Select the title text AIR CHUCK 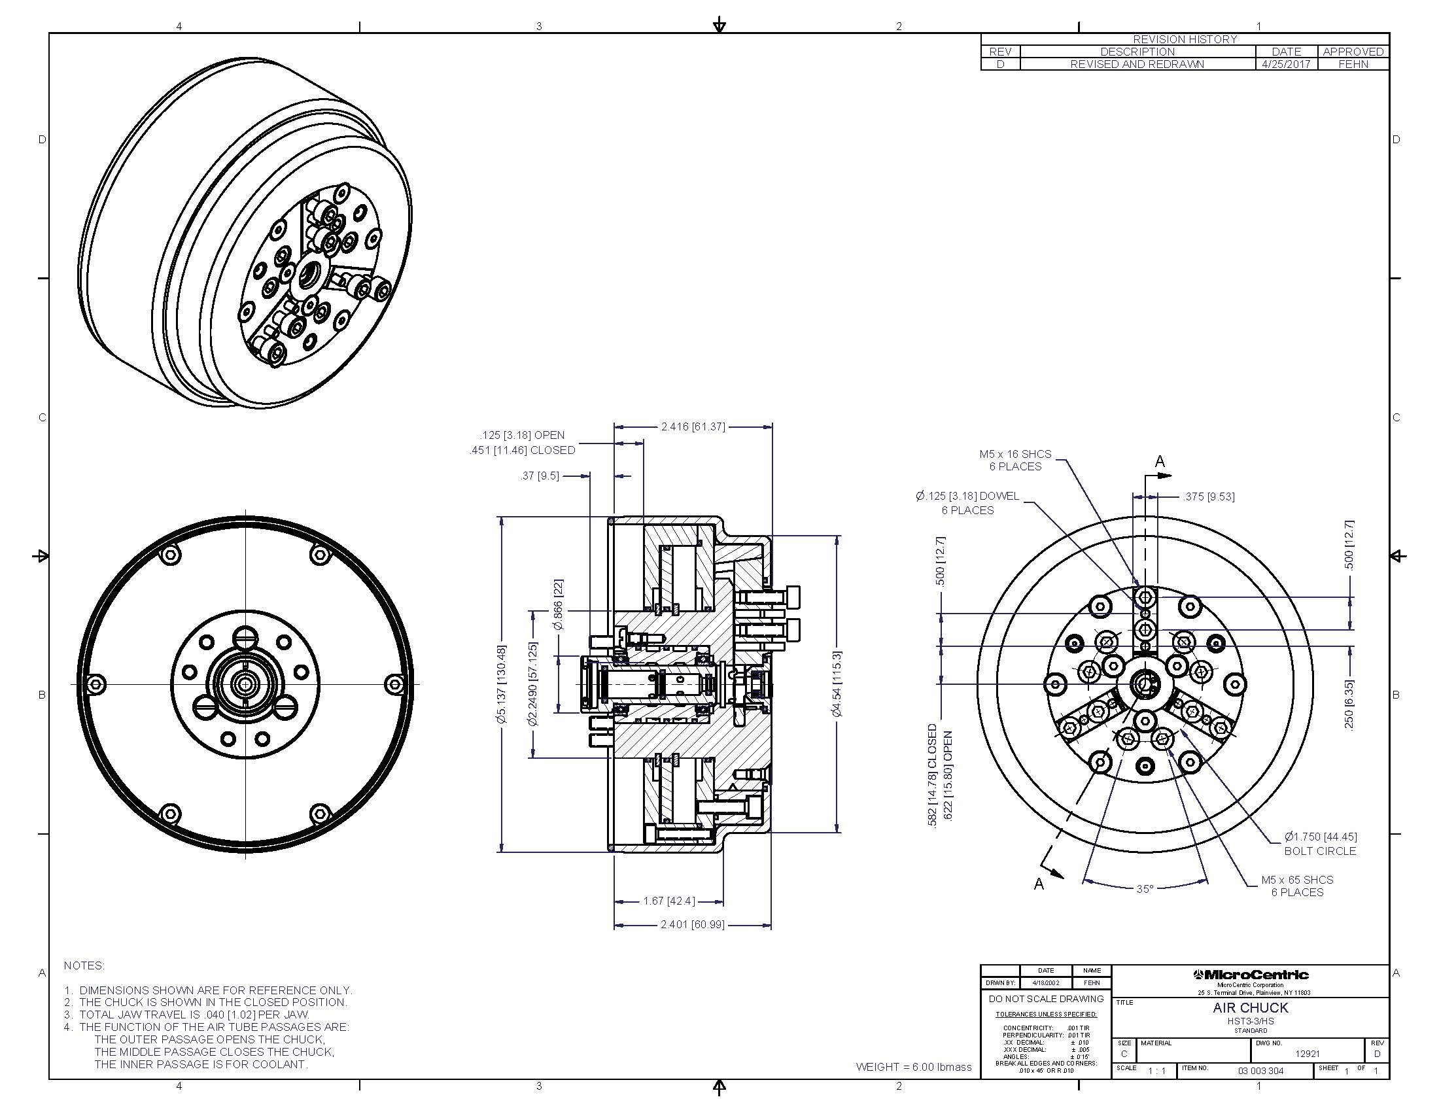1250,1008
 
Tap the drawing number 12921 1308,1053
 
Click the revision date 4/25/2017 1285,65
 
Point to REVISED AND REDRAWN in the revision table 1137,65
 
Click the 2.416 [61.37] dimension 693,427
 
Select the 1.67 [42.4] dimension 668,901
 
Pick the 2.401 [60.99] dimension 692,925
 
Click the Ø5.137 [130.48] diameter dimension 503,684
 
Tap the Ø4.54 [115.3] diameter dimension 837,683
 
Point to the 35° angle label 1145,889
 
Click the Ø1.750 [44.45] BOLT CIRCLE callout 1320,844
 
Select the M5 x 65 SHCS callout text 1296,886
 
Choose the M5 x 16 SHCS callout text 1014,460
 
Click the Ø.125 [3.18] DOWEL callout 967,503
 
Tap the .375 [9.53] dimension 1208,496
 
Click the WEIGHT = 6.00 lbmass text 913,1067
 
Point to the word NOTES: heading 84,965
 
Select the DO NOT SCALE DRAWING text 1046,999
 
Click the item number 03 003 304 1260,1071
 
